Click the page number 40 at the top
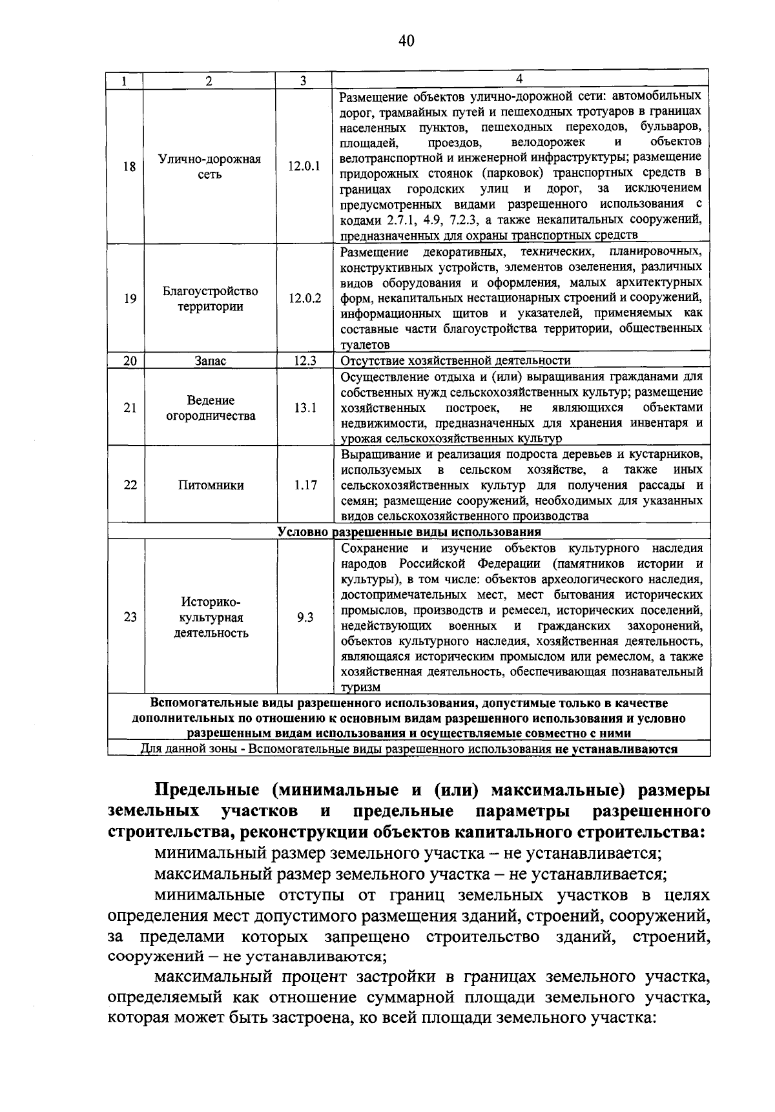[406, 41]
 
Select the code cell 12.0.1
[304, 166]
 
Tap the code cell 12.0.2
[304, 298]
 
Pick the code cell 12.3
[304, 360]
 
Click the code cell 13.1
[304, 407]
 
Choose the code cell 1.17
[304, 485]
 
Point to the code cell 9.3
[305, 617]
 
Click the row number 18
[130, 166]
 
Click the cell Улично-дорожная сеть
[210, 167]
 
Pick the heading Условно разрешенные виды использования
[409, 532]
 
